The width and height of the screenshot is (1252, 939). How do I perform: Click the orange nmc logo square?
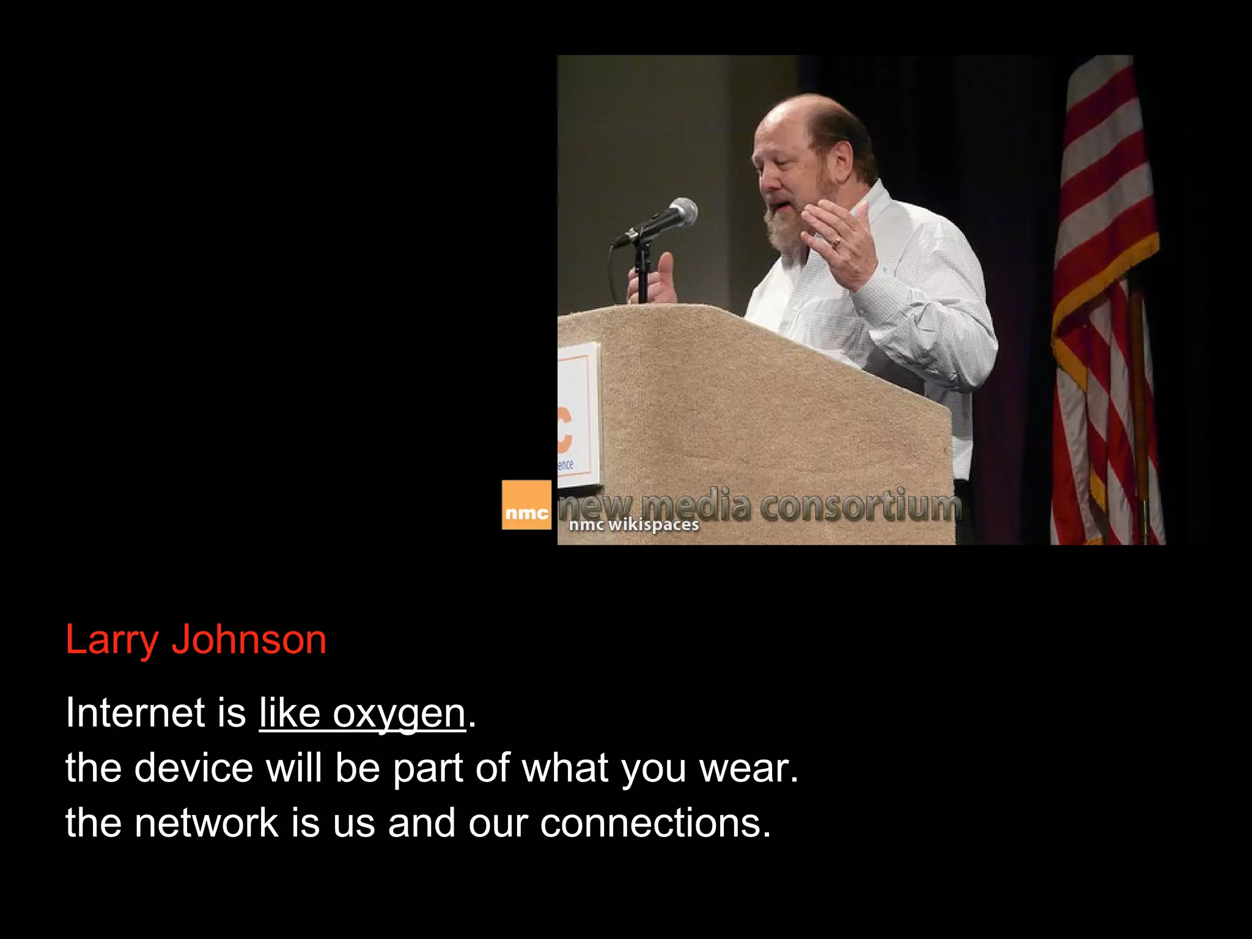point(526,505)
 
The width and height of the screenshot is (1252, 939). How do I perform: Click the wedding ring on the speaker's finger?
point(836,243)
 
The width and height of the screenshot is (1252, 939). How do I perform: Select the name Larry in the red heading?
point(111,641)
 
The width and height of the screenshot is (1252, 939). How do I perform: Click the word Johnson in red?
point(249,639)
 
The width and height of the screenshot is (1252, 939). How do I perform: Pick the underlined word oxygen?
point(399,713)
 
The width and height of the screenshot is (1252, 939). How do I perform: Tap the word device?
point(193,768)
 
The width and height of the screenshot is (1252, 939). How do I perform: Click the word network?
point(207,823)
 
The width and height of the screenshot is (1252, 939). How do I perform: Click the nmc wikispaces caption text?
point(633,525)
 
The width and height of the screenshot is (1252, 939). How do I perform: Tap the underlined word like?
point(289,712)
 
